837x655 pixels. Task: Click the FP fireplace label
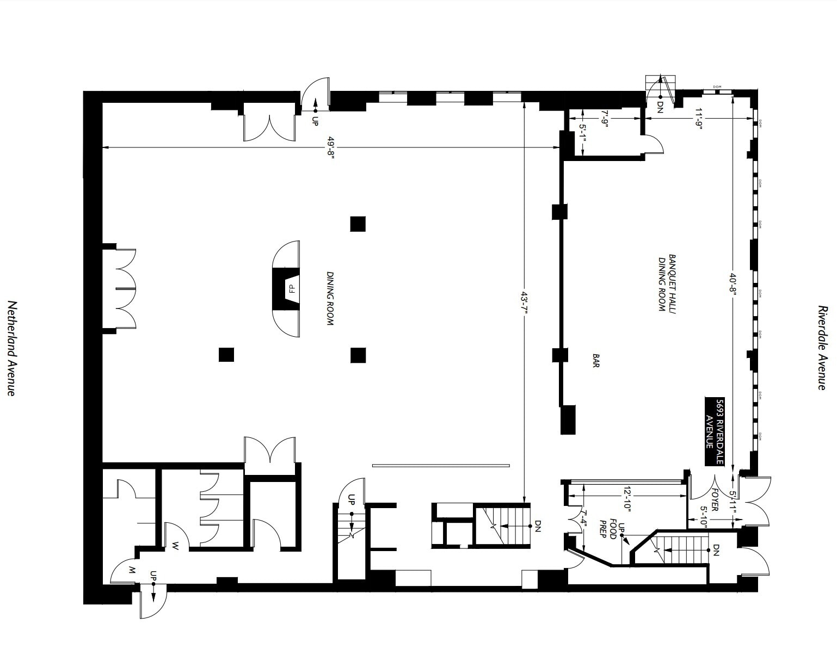(x=291, y=288)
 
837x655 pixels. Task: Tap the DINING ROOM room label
(x=329, y=299)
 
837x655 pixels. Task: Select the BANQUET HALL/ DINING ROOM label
(x=667, y=283)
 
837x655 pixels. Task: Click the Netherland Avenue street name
(x=11, y=348)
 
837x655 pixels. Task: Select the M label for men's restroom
(x=131, y=570)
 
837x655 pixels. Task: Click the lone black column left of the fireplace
(x=226, y=355)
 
